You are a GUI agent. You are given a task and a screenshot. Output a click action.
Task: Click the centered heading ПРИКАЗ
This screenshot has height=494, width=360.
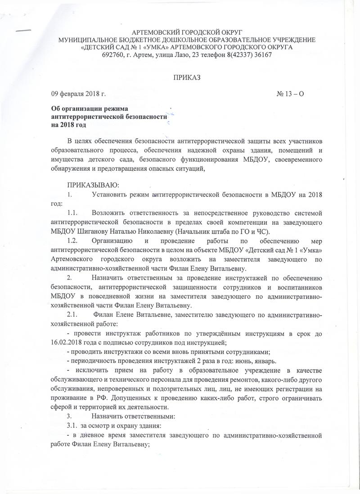click(186, 77)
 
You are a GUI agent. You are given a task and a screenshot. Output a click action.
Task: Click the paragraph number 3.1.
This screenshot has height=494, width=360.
click(73, 426)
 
